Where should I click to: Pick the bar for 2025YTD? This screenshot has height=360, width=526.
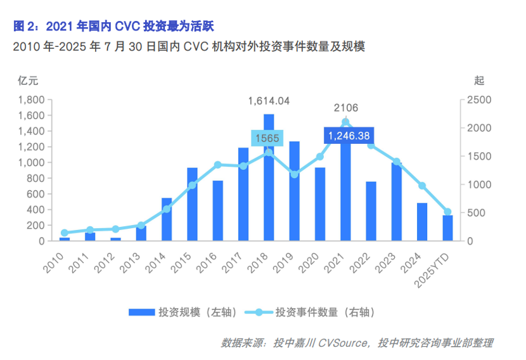pos(447,228)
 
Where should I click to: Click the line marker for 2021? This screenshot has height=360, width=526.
pos(345,122)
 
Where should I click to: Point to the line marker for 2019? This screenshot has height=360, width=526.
pos(294,174)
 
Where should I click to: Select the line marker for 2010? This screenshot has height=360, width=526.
pos(64,233)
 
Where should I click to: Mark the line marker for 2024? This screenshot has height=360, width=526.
pos(422,186)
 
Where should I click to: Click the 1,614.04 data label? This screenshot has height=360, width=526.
pos(269,101)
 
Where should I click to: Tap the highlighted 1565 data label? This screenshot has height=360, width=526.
pos(268,138)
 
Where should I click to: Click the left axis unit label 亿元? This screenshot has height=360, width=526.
pos(29,80)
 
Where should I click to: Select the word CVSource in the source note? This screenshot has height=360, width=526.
pos(342,343)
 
